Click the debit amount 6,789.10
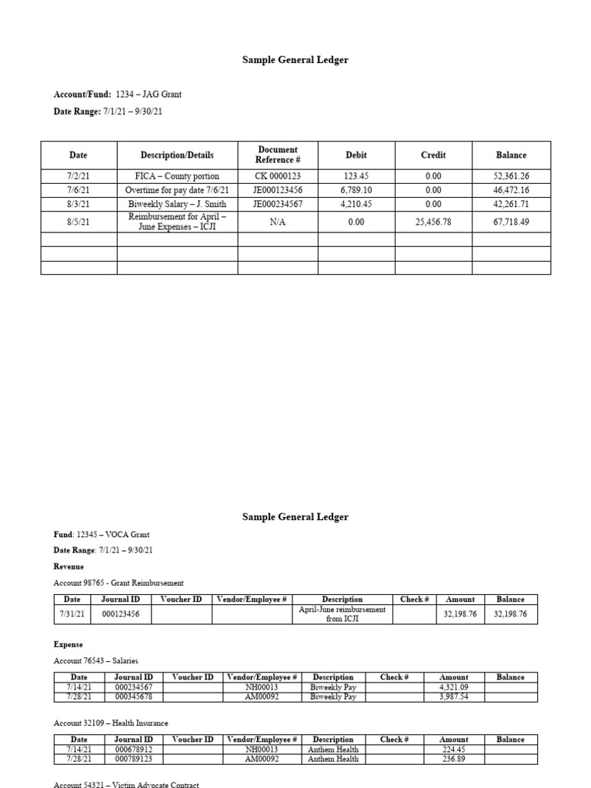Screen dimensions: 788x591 [356, 189]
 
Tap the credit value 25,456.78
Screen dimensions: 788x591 [433, 222]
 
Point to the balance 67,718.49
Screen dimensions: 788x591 [511, 222]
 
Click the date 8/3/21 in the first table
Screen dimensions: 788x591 [78, 204]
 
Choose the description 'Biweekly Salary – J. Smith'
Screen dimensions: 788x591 [177, 204]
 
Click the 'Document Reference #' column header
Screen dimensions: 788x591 [277, 155]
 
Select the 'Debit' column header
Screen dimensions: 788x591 [356, 155]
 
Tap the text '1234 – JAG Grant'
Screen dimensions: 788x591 [149, 94]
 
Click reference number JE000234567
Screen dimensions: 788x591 [277, 204]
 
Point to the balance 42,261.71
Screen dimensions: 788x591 [511, 204]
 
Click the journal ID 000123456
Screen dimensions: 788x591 [121, 614]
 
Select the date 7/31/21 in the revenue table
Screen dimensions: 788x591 [72, 614]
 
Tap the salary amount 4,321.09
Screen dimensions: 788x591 [453, 687]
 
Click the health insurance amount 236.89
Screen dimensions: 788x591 [453, 759]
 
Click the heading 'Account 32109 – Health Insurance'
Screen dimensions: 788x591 [111, 723]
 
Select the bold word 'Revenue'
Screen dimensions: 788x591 [68, 566]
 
